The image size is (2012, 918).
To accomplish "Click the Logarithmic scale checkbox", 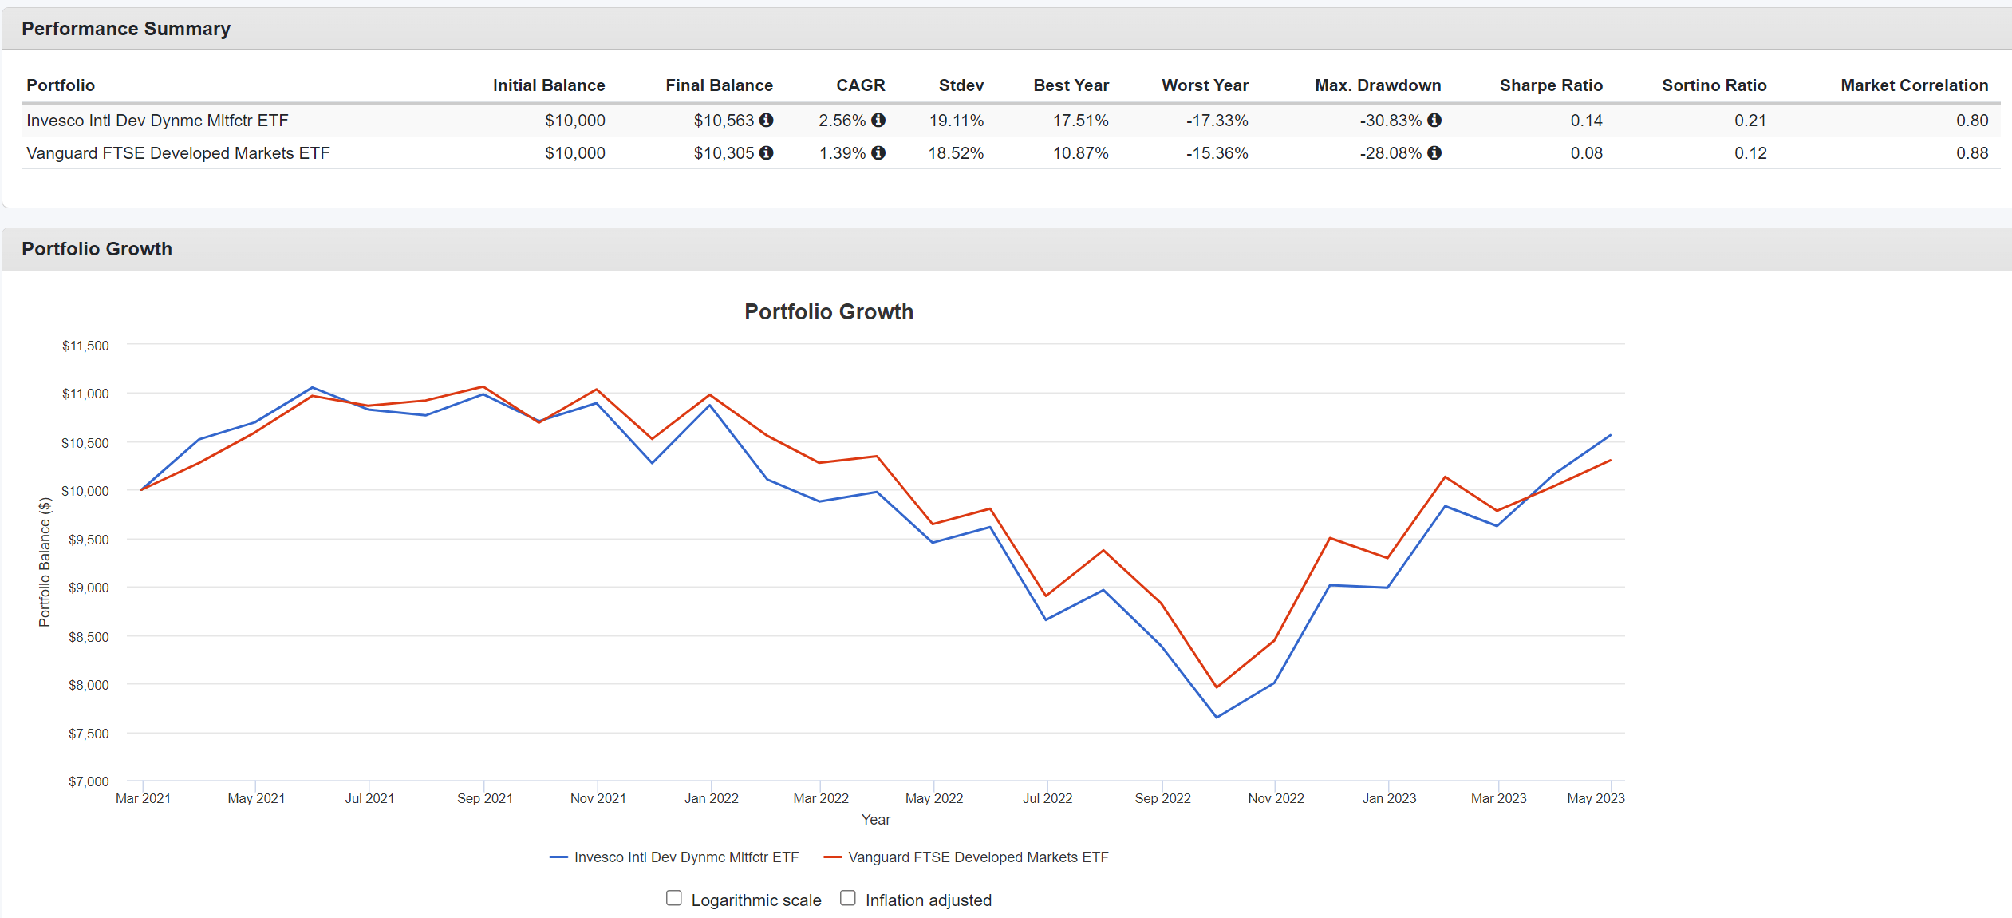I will tap(674, 898).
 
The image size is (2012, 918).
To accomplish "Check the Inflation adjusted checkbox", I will tap(848, 898).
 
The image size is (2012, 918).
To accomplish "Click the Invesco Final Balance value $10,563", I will tap(723, 121).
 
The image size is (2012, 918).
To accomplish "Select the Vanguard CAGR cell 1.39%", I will tap(842, 153).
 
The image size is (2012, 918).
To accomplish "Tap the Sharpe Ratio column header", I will tap(1550, 85).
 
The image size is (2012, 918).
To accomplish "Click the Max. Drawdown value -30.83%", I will tap(1390, 121).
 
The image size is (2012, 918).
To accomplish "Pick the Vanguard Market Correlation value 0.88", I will tap(1971, 153).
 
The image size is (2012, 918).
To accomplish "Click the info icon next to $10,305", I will tap(767, 153).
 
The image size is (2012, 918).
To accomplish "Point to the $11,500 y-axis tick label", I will tap(85, 346).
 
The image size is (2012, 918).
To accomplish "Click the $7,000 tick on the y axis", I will tap(88, 781).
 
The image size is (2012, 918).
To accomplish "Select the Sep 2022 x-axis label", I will tap(1162, 798).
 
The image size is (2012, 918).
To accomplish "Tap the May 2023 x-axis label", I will tap(1596, 798).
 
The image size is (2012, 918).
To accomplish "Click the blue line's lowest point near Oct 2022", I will tap(1217, 717).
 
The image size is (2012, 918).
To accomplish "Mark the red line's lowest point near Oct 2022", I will tap(1217, 687).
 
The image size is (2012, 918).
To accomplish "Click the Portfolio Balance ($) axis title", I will tap(45, 562).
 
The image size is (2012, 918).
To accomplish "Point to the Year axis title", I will tap(875, 820).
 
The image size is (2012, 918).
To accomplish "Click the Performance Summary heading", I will tap(126, 29).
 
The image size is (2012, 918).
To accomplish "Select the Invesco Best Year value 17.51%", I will tap(1080, 121).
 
